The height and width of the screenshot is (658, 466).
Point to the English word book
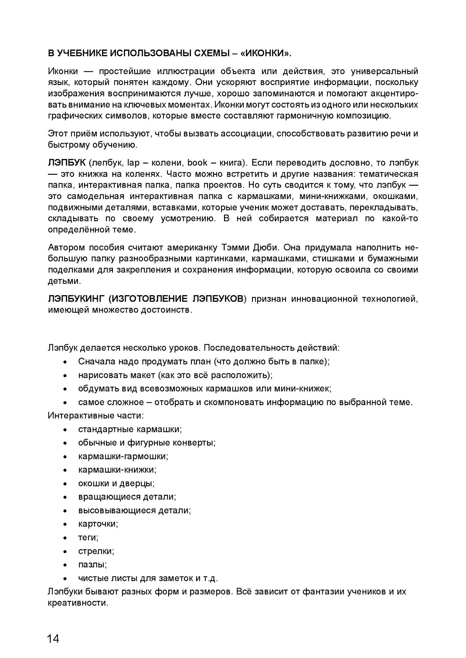coord(197,163)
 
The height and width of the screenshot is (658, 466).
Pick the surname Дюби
coord(266,248)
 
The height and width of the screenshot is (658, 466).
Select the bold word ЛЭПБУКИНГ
coord(76,299)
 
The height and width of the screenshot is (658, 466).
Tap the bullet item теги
coord(88,538)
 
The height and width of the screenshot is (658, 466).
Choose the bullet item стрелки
coord(96,551)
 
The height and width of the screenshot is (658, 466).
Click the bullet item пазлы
coord(92,565)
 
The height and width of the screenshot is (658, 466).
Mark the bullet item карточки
coord(98,524)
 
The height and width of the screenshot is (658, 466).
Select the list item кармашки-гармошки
coord(123,456)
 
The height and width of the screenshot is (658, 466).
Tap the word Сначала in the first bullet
coord(97,361)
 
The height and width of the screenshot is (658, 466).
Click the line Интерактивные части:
coord(96,415)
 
